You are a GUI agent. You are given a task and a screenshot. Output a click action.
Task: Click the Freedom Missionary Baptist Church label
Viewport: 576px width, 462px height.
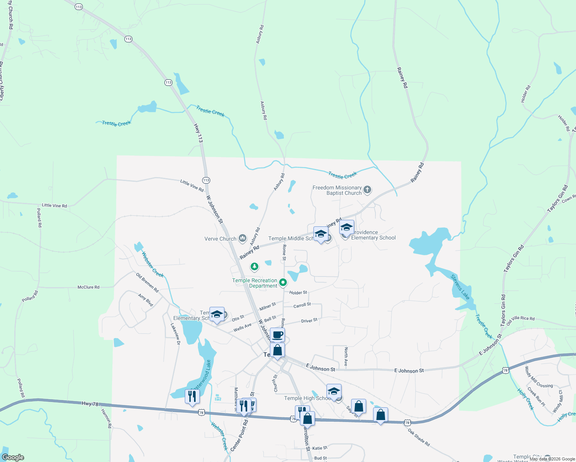tap(337, 190)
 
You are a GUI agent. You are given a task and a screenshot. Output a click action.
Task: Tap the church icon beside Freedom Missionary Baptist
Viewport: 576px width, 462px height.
tap(367, 189)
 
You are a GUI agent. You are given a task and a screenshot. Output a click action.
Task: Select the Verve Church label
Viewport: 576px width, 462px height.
tap(220, 239)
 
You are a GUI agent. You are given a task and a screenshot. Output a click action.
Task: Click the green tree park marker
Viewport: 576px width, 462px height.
tap(254, 266)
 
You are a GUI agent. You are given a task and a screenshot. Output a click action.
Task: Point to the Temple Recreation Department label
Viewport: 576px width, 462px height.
tap(255, 283)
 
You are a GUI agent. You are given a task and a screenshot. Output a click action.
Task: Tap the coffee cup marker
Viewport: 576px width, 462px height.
tap(277, 335)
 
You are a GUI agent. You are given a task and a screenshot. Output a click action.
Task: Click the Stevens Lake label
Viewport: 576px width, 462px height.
tap(460, 287)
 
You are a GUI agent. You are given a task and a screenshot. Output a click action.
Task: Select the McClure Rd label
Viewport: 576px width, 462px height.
tap(89, 287)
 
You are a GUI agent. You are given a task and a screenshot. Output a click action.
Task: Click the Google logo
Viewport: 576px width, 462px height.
tap(13, 457)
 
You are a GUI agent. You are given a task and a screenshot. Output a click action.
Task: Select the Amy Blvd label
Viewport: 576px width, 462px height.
tap(146, 300)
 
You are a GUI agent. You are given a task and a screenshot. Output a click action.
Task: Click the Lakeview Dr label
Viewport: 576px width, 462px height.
tap(175, 331)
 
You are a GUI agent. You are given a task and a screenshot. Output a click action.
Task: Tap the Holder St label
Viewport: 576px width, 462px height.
tap(298, 293)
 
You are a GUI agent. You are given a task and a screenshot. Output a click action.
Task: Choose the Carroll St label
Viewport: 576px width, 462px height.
tap(302, 305)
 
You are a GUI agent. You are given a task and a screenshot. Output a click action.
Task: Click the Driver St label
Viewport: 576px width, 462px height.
tap(309, 320)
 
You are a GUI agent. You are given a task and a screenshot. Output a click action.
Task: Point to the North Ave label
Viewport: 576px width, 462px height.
tap(346, 357)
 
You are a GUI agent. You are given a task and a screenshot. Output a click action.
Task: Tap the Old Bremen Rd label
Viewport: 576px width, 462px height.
tap(147, 283)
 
